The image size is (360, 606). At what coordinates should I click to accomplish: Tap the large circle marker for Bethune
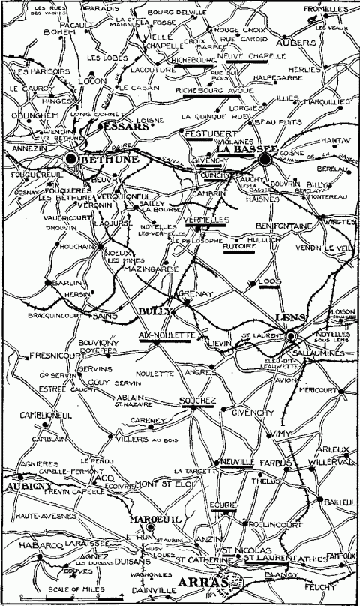[71, 159]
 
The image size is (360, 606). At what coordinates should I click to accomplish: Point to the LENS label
[289, 318]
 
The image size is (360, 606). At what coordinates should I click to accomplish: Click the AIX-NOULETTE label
[166, 334]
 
